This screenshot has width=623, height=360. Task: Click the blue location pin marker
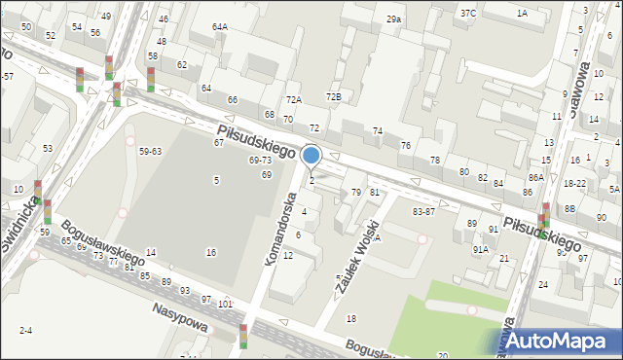(x=311, y=156)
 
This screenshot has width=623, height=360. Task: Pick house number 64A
(x=220, y=27)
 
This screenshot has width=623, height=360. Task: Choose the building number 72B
(x=334, y=96)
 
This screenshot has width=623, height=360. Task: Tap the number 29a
(x=393, y=19)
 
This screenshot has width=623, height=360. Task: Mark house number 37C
(x=468, y=13)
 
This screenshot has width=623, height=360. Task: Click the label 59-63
(x=150, y=151)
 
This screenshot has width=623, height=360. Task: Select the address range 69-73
(x=260, y=160)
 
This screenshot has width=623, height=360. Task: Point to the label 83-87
(x=423, y=211)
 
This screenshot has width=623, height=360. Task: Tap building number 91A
(x=480, y=249)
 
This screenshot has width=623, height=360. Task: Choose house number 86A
(x=534, y=177)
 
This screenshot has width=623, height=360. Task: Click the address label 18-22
(x=574, y=183)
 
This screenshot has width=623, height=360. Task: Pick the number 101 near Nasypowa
(x=225, y=305)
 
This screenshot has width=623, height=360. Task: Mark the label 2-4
(x=25, y=331)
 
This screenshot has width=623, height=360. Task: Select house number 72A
(x=293, y=100)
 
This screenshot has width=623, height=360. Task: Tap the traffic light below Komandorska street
(x=243, y=336)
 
